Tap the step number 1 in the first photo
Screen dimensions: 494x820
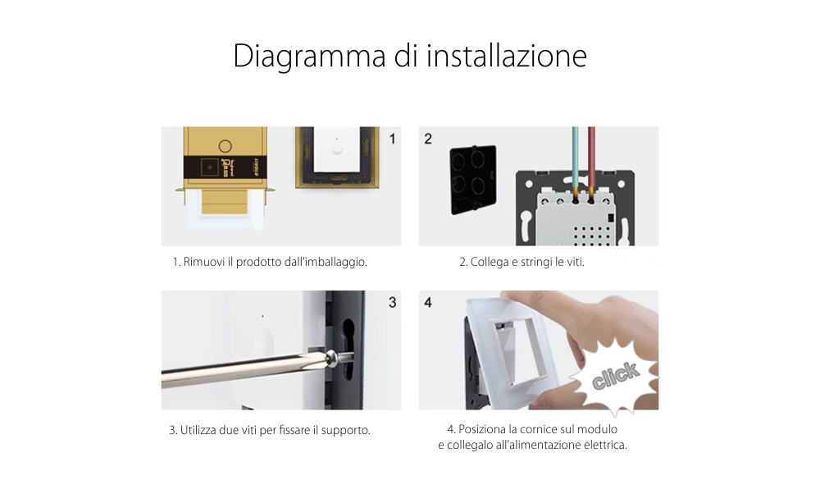(391, 139)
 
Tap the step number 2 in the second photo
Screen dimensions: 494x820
(428, 139)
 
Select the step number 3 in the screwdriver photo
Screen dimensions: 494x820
(391, 303)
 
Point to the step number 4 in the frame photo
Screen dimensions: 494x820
(428, 303)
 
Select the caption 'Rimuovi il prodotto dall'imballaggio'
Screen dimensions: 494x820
(270, 263)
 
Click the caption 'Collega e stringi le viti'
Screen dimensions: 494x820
(522, 263)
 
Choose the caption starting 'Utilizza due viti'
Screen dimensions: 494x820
(270, 430)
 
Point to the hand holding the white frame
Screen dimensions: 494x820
(607, 328)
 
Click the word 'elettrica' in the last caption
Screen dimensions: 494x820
(604, 445)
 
